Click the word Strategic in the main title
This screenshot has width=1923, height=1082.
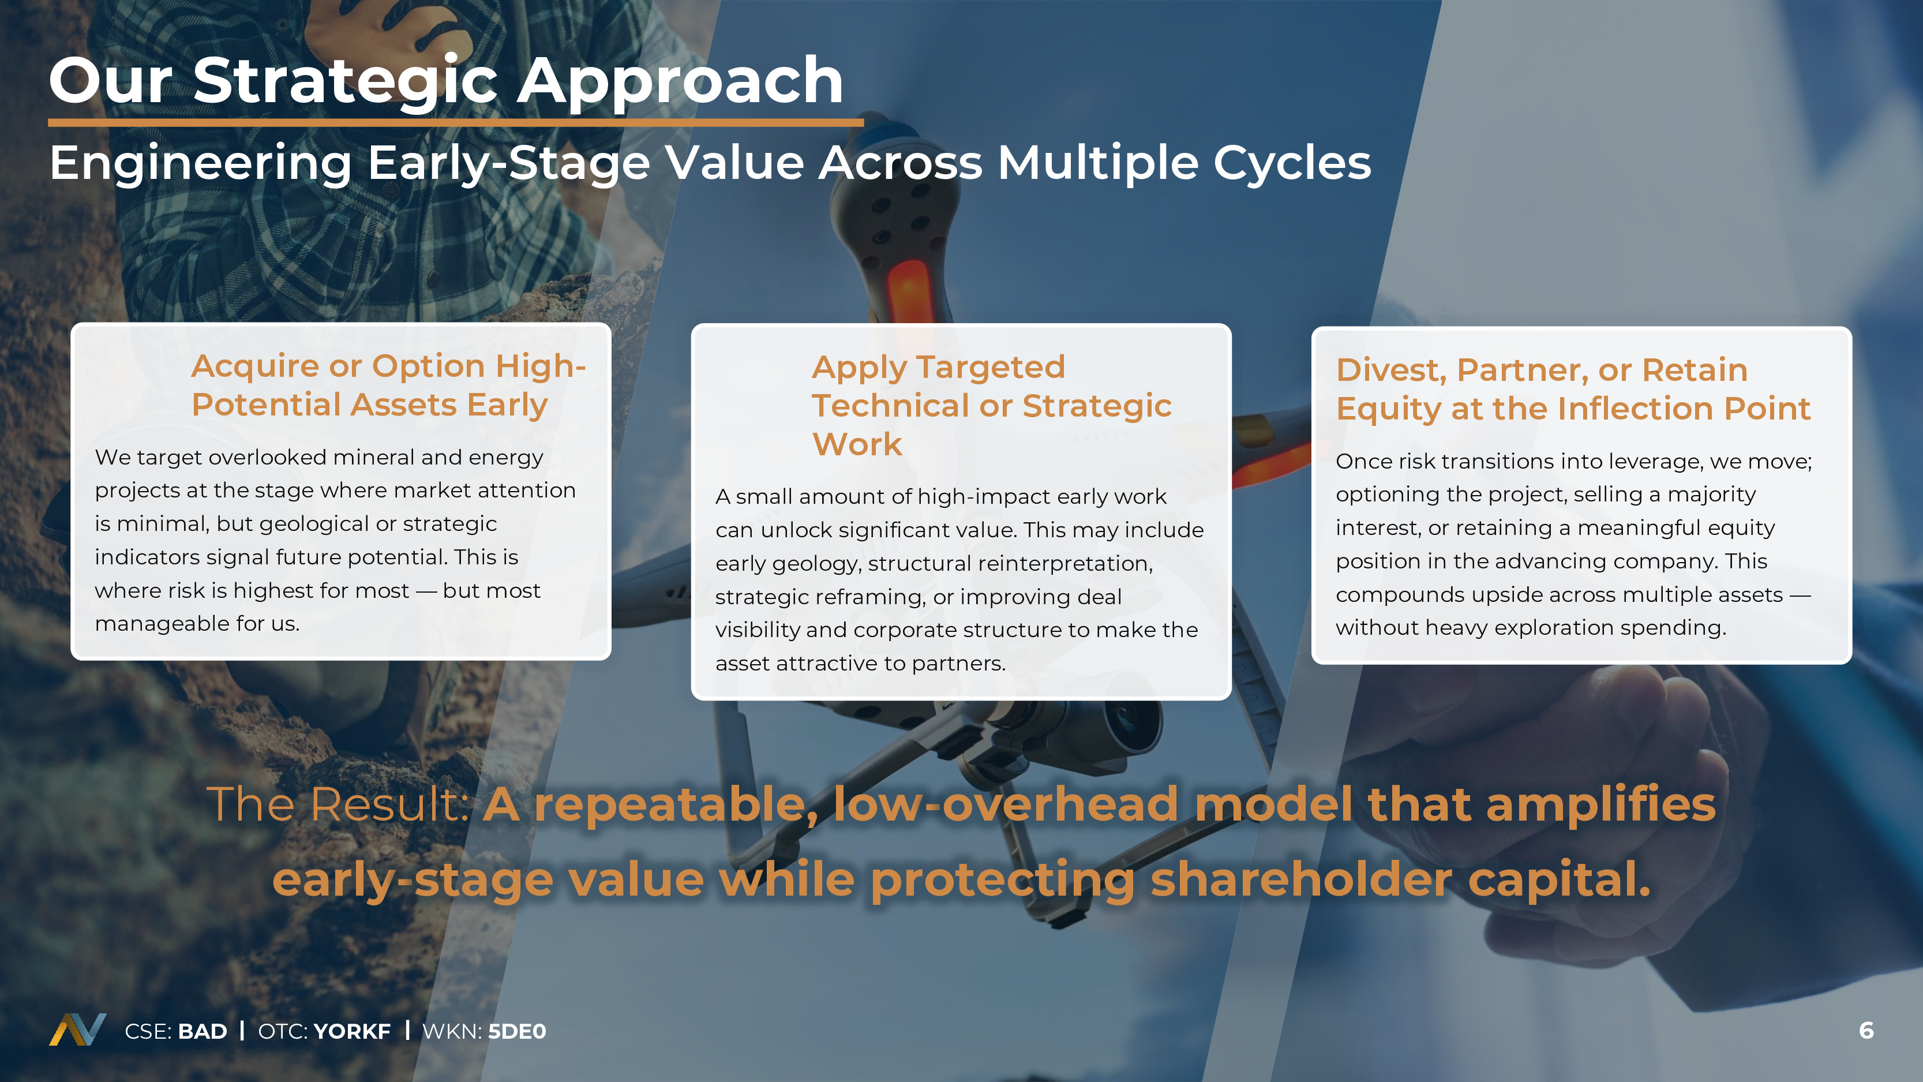coord(346,82)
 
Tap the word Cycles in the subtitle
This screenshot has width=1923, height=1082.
coord(1292,163)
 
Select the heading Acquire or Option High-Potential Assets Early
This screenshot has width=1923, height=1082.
coord(388,385)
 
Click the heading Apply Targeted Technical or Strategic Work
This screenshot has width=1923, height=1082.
coord(991,406)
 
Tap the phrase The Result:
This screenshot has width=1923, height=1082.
coord(338,804)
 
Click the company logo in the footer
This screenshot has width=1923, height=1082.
coord(78,1029)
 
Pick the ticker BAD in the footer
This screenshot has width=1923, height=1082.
coord(203,1031)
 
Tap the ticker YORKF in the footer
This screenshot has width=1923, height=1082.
coord(353,1031)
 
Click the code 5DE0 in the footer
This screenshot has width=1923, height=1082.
coord(516,1031)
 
